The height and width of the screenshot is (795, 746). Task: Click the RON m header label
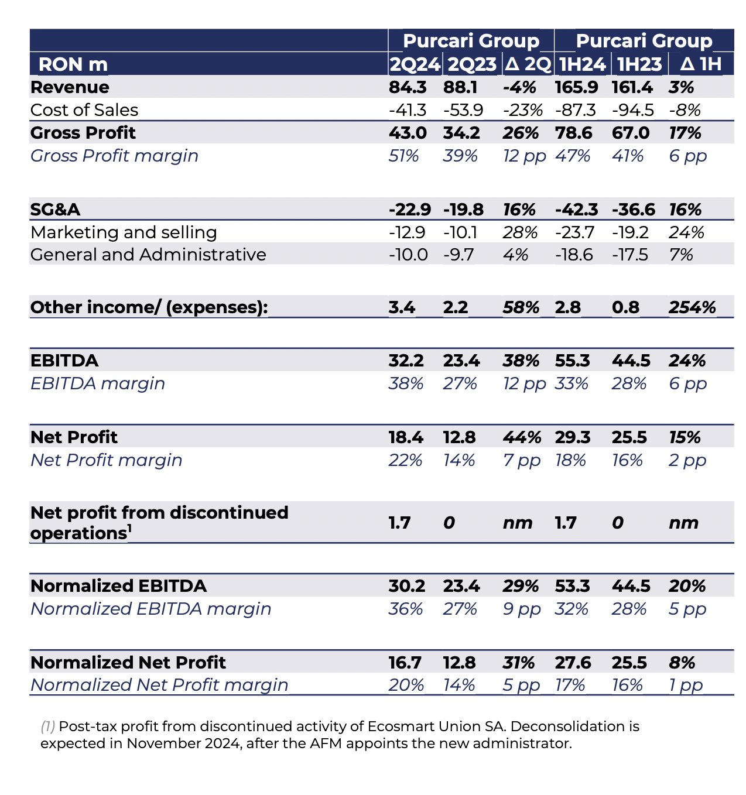click(x=73, y=64)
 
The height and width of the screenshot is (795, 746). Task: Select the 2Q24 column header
click(x=415, y=64)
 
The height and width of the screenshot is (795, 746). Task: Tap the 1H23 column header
click(x=639, y=64)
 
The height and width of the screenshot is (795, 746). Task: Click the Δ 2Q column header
click(x=528, y=64)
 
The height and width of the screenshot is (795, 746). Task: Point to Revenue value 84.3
click(x=408, y=87)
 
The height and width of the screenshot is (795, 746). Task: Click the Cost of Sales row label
click(x=84, y=110)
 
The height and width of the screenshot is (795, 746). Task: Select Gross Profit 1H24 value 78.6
click(x=573, y=133)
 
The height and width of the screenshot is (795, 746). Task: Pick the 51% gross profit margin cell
click(x=403, y=156)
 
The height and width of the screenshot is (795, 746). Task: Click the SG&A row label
click(x=55, y=210)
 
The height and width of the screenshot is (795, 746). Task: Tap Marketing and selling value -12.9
click(x=407, y=232)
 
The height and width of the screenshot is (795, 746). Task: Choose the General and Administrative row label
click(x=148, y=255)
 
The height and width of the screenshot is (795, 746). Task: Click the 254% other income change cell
click(x=692, y=307)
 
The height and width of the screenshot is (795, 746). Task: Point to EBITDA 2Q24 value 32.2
click(x=406, y=361)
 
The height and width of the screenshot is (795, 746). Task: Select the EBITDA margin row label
click(x=98, y=383)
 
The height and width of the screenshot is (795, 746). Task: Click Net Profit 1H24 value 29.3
click(x=573, y=437)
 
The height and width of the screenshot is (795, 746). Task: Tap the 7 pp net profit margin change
click(x=522, y=460)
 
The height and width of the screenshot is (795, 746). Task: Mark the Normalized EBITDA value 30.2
click(x=407, y=586)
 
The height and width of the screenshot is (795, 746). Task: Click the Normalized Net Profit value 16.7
click(x=405, y=663)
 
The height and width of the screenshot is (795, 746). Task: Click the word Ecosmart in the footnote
click(x=401, y=726)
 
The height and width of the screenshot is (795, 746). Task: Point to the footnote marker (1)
click(x=47, y=727)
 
